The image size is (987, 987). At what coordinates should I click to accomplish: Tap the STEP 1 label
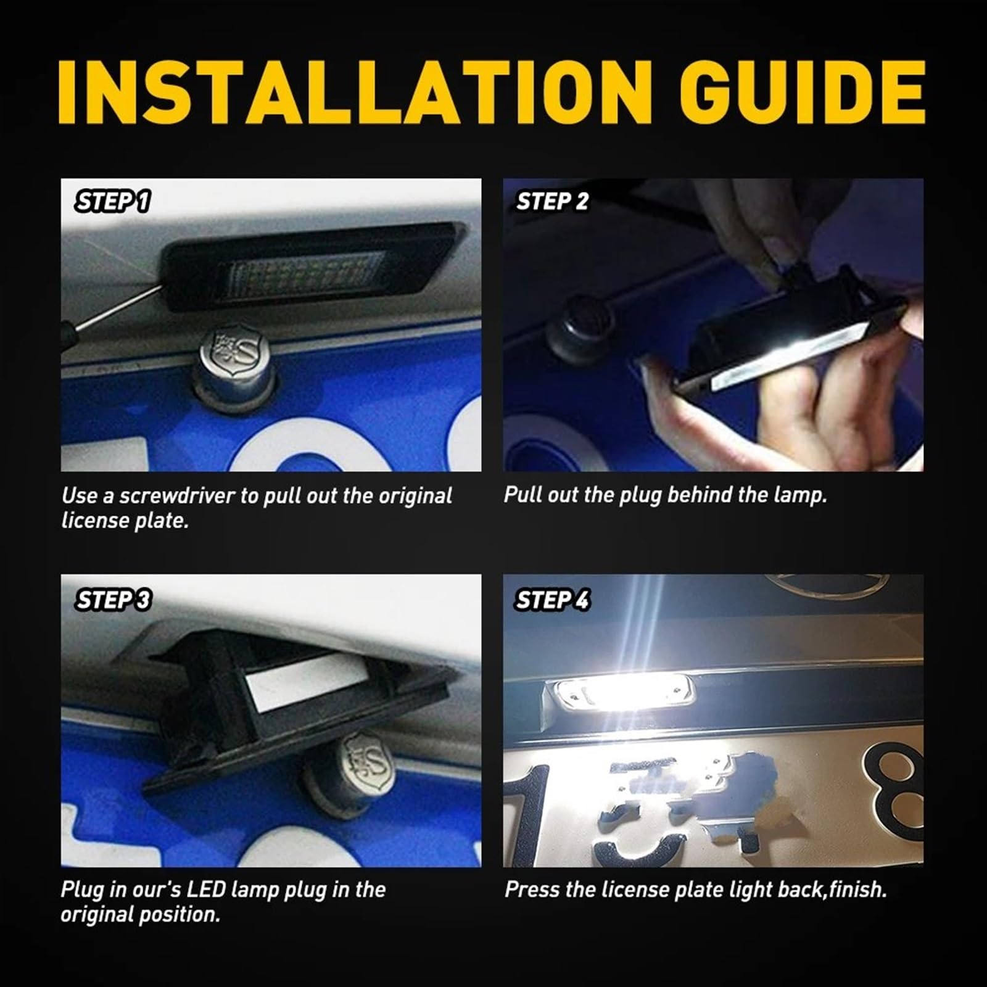pyautogui.click(x=113, y=202)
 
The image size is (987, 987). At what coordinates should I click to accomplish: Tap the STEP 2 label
pyautogui.click(x=552, y=202)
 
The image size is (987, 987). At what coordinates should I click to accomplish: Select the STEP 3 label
pyautogui.click(x=114, y=600)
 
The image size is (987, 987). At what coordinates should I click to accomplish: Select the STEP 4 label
pyautogui.click(x=552, y=600)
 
